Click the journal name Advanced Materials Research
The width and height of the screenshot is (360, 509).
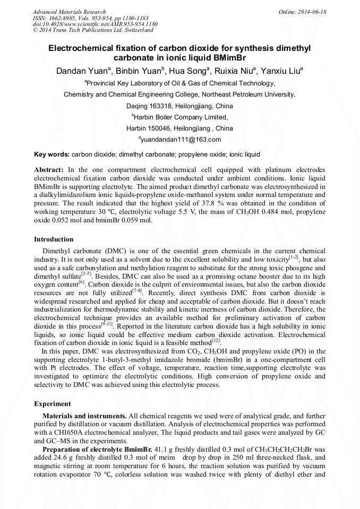(69, 12)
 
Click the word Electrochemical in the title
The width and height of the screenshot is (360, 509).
(82, 48)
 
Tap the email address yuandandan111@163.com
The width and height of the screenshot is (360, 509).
(181, 140)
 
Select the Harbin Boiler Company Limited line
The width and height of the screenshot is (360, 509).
(181, 117)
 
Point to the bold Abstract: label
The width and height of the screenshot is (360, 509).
(49, 169)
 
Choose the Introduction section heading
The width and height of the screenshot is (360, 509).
(54, 239)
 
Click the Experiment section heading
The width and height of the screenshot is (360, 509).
(52, 404)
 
